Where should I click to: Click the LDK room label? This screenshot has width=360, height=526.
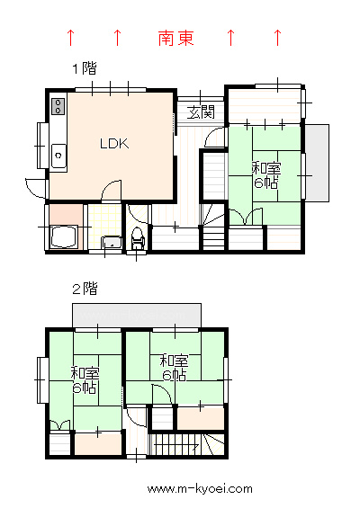114,144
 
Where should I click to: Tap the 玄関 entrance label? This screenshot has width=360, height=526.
201,112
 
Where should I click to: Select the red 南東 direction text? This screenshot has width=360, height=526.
176,38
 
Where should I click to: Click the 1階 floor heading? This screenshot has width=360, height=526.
85,68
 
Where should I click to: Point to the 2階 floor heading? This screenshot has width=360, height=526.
85,288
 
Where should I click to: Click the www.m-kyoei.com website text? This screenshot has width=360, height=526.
200,489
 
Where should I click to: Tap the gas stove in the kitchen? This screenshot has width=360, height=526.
58,106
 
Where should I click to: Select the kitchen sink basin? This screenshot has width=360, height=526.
58,156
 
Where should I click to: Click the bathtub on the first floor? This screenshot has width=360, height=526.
64,236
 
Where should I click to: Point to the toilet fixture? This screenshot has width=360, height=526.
137,237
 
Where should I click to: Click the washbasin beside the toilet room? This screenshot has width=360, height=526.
112,242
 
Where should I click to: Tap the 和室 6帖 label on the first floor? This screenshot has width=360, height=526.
266,175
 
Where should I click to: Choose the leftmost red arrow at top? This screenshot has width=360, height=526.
70,37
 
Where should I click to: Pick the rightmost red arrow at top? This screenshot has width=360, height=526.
277,37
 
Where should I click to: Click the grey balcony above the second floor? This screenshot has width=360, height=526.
137,316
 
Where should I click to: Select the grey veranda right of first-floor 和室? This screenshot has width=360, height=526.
317,163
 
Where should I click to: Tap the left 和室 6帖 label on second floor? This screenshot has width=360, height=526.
85,380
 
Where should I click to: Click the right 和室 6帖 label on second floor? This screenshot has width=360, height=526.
174,368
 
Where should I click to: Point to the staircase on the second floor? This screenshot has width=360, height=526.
186,444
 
